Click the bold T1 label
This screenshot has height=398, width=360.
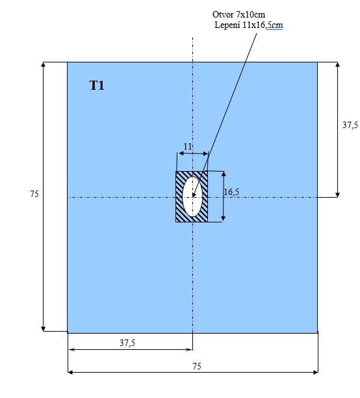[x=97, y=85]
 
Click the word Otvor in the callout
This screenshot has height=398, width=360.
[x=223, y=14]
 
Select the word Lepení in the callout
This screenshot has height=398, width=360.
[x=227, y=25]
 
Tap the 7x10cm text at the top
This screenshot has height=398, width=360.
[x=251, y=14]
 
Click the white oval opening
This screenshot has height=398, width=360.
[x=192, y=196]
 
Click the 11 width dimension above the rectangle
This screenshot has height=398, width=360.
[x=188, y=146]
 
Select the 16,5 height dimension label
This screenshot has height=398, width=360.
[x=231, y=192]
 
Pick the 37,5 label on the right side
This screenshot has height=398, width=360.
[x=350, y=125]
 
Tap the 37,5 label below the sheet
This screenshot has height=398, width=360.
[x=127, y=343]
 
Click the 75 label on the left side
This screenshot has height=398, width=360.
[x=34, y=194]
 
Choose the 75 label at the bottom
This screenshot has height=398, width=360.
[x=197, y=366]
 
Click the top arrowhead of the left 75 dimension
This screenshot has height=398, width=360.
[x=44, y=64]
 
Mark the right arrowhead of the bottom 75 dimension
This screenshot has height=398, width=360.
[x=316, y=373]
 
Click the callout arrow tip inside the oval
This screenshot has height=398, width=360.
[x=193, y=196]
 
